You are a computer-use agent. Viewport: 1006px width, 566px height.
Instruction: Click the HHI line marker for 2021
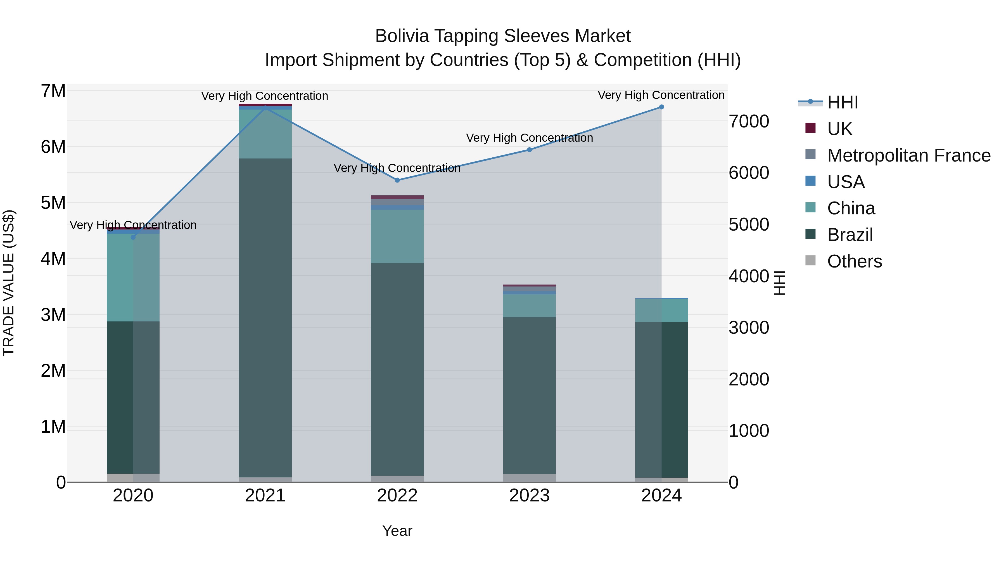pyautogui.click(x=265, y=108)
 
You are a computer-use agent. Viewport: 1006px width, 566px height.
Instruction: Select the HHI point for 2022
pyautogui.click(x=397, y=180)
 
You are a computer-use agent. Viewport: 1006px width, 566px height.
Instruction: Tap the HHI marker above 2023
pyautogui.click(x=529, y=150)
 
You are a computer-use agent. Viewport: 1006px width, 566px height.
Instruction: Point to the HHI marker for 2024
pyautogui.click(x=661, y=107)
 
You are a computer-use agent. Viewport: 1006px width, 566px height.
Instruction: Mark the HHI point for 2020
pyautogui.click(x=133, y=237)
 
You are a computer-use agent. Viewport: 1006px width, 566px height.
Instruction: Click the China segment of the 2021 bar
pyautogui.click(x=265, y=134)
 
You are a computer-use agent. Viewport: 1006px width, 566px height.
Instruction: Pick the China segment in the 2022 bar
pyautogui.click(x=397, y=236)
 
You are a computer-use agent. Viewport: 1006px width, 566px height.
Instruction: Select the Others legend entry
pyautogui.click(x=854, y=261)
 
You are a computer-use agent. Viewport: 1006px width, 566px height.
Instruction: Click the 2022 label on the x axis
pyautogui.click(x=397, y=496)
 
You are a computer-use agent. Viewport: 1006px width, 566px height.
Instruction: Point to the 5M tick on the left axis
pyautogui.click(x=53, y=203)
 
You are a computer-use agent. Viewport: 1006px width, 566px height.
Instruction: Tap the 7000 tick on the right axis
pyautogui.click(x=749, y=122)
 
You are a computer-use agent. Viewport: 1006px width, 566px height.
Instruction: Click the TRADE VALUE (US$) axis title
pyautogui.click(x=9, y=283)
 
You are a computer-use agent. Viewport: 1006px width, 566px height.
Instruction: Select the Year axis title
pyautogui.click(x=397, y=531)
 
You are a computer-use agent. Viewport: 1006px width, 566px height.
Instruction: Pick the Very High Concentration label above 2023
pyautogui.click(x=529, y=138)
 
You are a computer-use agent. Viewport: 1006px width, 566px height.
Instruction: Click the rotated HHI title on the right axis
pyautogui.click(x=779, y=283)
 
